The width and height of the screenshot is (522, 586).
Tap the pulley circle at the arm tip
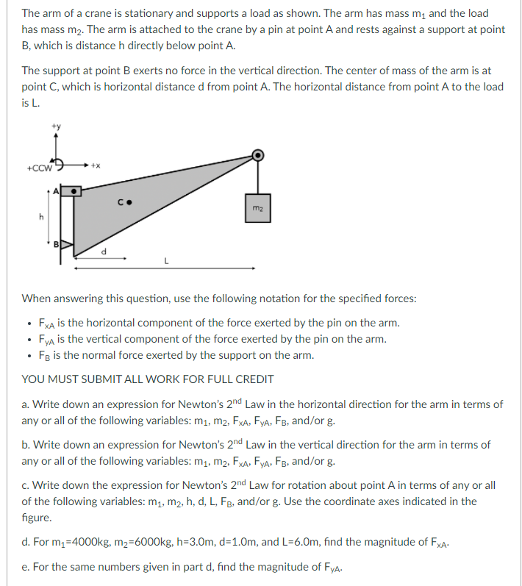[x=258, y=155]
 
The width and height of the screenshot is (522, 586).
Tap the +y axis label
[x=56, y=126]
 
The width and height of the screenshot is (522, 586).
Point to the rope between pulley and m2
[x=258, y=177]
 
